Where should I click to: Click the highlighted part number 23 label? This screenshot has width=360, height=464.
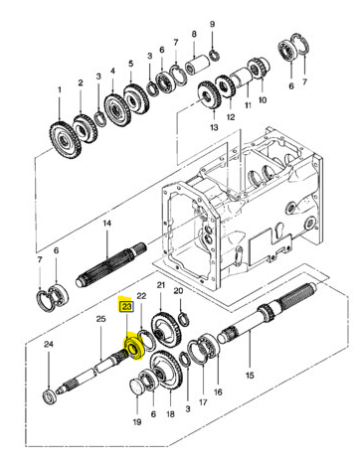pos(126,307)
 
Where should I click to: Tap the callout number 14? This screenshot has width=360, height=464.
pos(106,224)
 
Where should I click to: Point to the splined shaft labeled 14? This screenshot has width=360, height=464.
pos(110,266)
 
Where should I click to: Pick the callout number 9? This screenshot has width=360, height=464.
pos(213,24)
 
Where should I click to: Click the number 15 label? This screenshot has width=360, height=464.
pos(250,375)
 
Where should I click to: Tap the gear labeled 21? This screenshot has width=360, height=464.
pos(166,330)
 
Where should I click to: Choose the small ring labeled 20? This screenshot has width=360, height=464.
pos(183,320)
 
